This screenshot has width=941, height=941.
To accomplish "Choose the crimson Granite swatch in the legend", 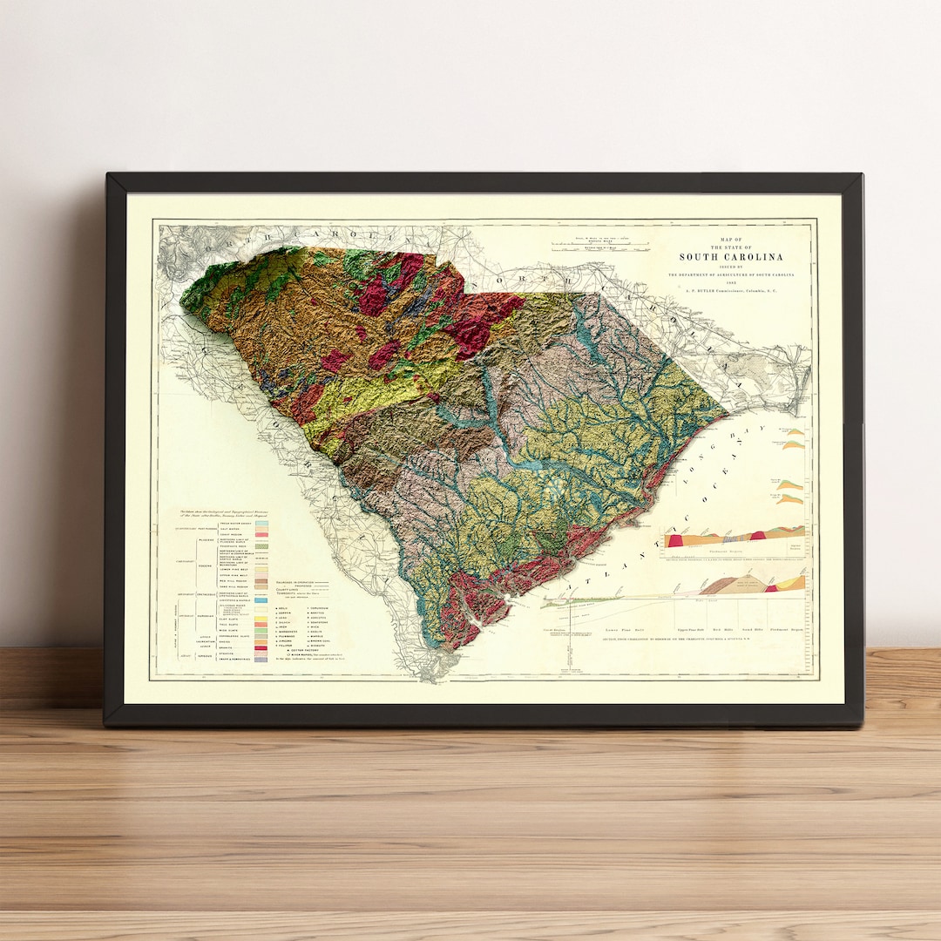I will (x=261, y=647).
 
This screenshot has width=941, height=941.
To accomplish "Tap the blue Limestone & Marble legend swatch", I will (x=261, y=601).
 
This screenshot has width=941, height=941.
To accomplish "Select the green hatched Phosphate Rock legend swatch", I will (x=261, y=545).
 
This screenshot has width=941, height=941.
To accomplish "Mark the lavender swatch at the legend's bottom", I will (x=261, y=660).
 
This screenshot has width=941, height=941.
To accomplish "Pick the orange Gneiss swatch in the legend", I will (x=261, y=641).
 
